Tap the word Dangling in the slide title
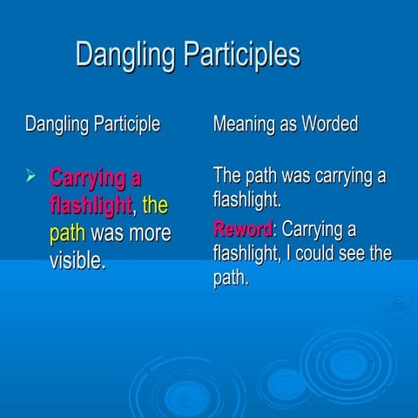pyautogui.click(x=118, y=55)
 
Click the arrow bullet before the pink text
pyautogui.click(x=31, y=178)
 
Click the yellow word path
pyautogui.click(x=67, y=233)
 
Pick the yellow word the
pyautogui.click(x=154, y=206)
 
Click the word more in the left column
pyautogui.click(x=149, y=233)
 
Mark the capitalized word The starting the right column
pyautogui.click(x=229, y=176)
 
